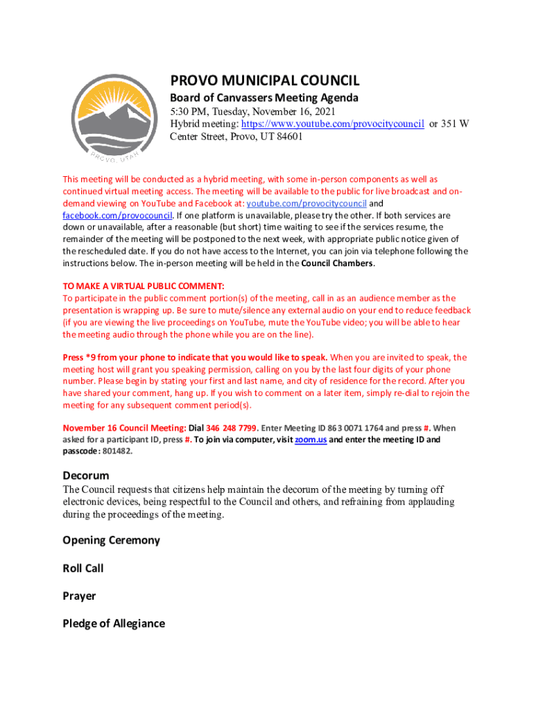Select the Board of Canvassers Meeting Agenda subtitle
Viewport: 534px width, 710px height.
pos(264,98)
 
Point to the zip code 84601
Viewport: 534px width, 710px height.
pos(289,137)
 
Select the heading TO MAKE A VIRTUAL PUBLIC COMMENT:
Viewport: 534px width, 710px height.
pos(144,286)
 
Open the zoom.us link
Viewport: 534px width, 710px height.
pos(310,440)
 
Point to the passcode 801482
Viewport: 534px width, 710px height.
pos(115,451)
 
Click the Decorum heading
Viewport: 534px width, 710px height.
pos(86,476)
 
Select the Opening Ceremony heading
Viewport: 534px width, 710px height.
pos(111,540)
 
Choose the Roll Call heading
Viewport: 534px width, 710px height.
pos(83,568)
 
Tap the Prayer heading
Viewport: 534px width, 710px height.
pos(79,596)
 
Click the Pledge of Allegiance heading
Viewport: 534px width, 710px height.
pos(114,623)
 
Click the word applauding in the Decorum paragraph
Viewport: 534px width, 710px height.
pos(429,502)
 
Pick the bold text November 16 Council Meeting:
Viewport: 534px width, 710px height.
pos(124,428)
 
